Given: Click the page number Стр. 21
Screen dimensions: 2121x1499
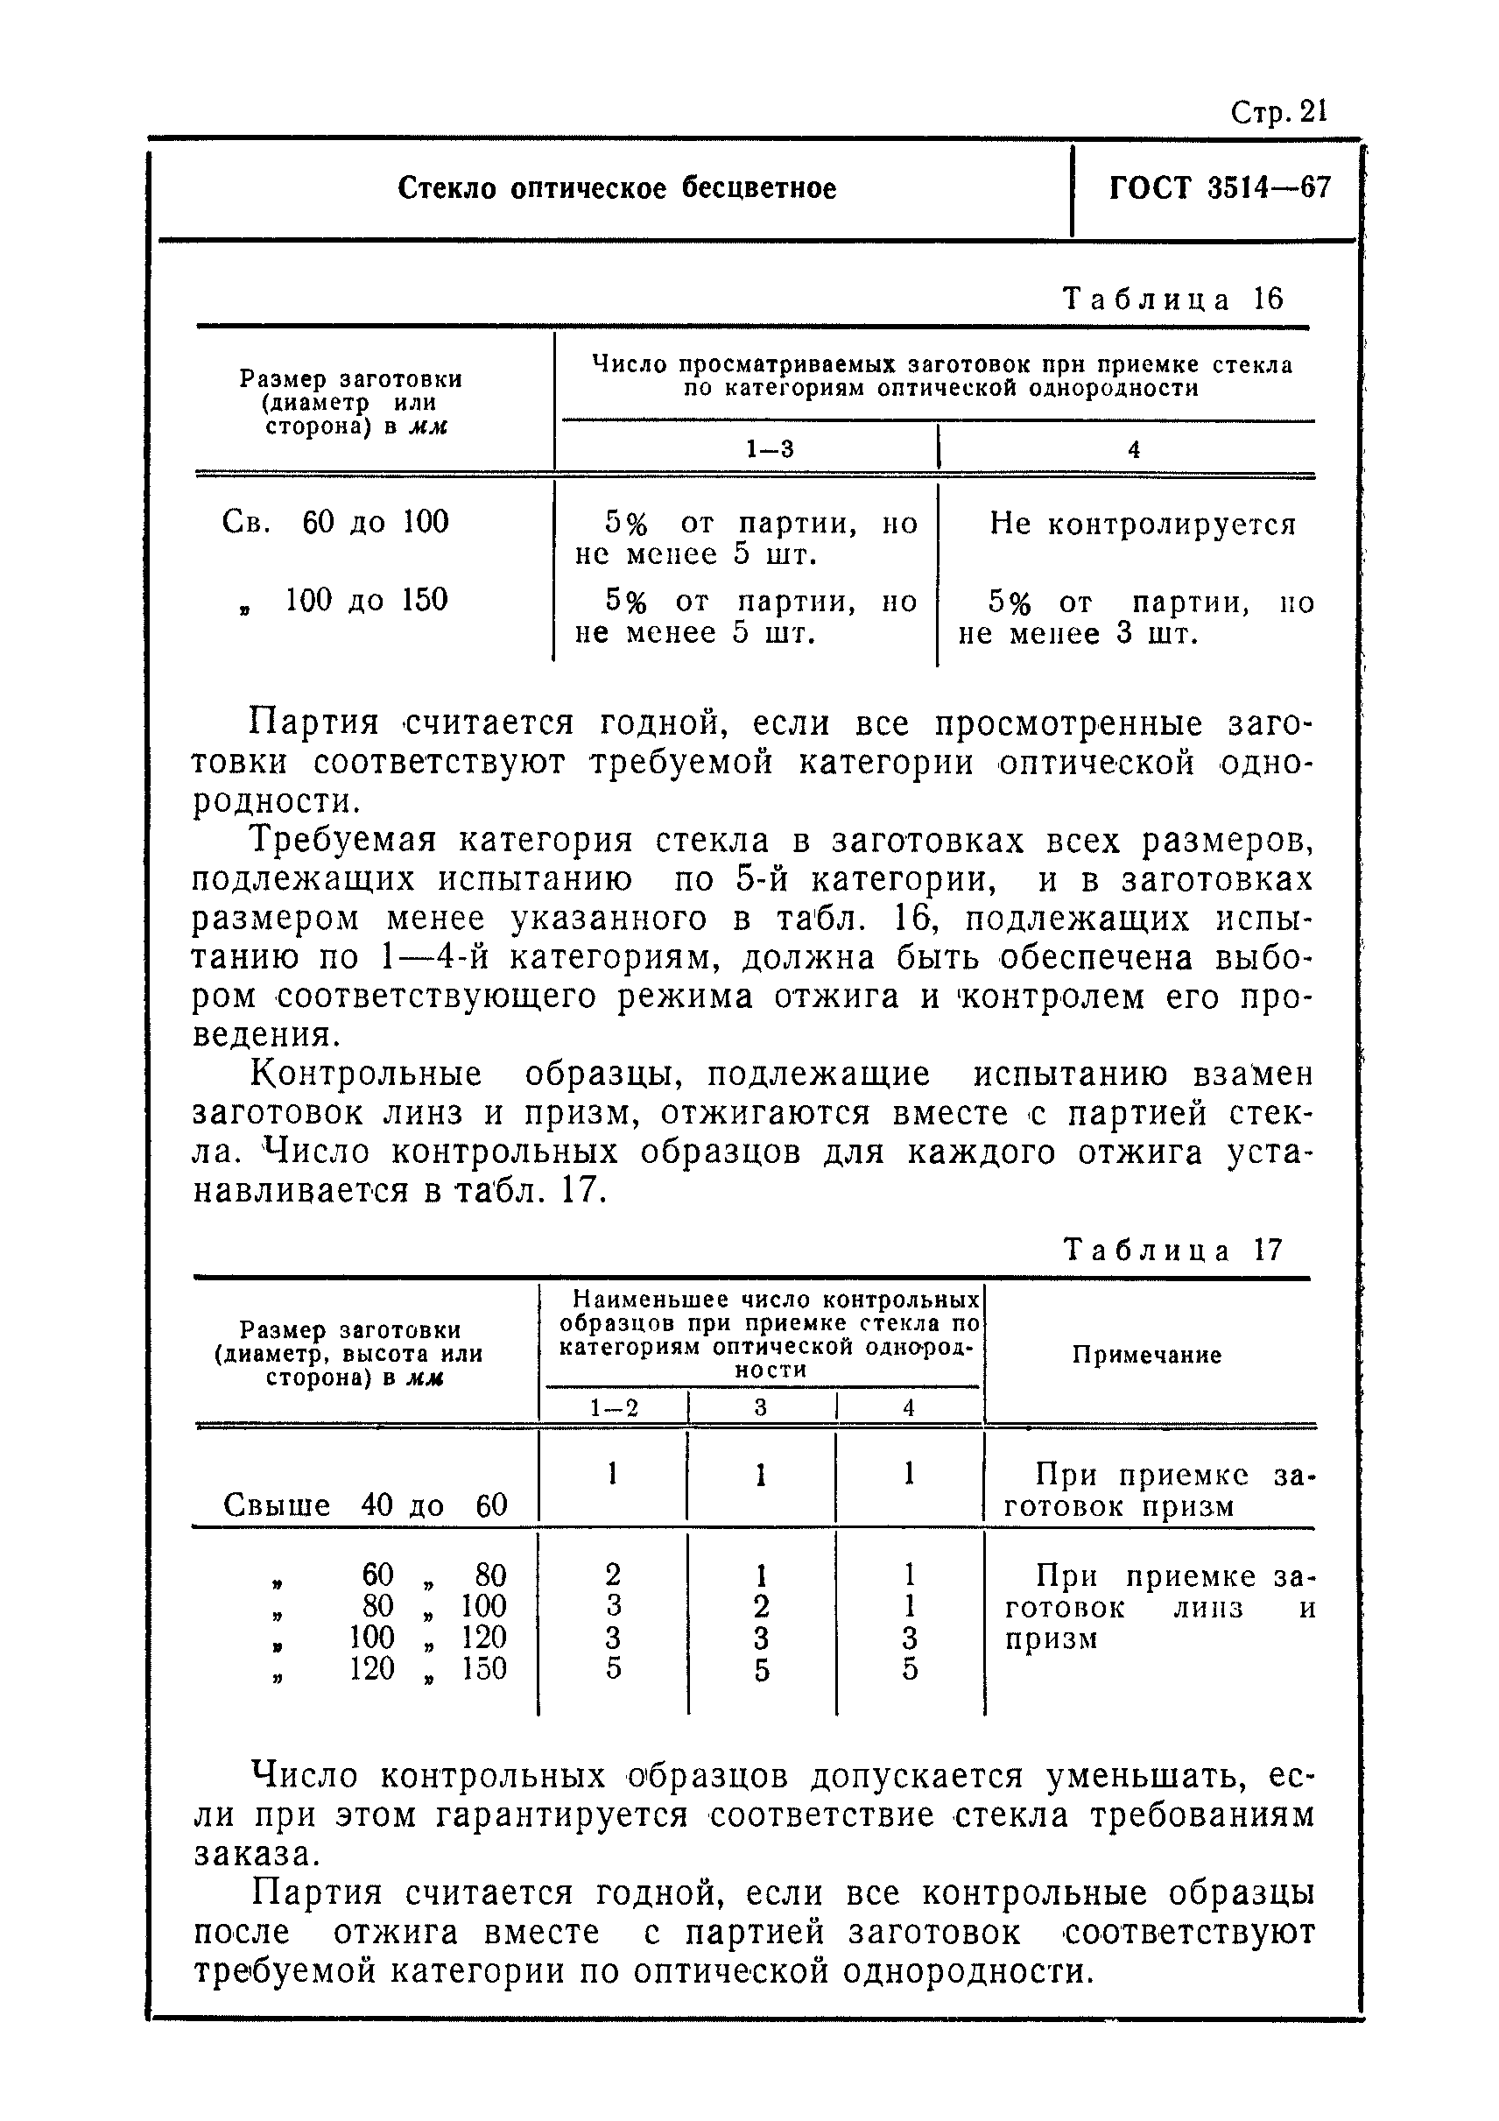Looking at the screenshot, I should coord(1278,113).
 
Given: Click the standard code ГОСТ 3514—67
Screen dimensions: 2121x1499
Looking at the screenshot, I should coord(1219,188).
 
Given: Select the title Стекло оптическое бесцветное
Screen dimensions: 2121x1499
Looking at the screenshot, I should coord(617,188).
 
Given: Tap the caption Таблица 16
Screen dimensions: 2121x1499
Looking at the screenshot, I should coord(1173,299).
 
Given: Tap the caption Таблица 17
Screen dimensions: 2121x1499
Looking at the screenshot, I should coord(1173,1251).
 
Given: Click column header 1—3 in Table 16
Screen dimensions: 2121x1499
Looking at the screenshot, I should coord(771,450).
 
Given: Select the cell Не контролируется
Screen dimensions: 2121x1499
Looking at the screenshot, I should coord(1143,525).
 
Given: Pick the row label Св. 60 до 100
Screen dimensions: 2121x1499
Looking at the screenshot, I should coord(335,523).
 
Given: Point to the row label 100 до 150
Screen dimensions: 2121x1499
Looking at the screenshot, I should coord(365,601).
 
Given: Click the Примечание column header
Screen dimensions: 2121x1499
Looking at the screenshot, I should coord(1146,1356).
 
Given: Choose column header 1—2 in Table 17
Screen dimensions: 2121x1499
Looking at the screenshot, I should coord(614,1408).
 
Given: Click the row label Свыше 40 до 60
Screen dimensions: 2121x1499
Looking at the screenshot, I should coord(365,1504).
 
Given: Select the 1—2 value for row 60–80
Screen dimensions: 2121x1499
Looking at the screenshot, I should coord(613,1575).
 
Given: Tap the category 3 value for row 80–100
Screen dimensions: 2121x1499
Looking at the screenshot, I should coord(761,1605).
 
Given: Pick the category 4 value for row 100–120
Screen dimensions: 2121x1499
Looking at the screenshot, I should coord(909,1638).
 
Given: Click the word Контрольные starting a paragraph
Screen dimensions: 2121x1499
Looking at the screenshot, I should coord(367,1075).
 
